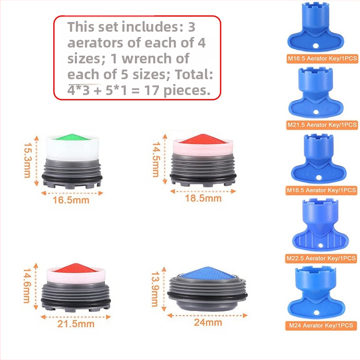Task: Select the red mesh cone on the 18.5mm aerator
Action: click(x=203, y=139)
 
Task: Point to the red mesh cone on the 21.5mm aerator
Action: click(x=75, y=268)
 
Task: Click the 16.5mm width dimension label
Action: click(x=71, y=200)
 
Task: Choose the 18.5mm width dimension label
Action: click(x=203, y=198)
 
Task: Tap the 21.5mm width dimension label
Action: click(x=76, y=324)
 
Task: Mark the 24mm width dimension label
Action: click(x=208, y=323)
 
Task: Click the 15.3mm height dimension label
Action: click(x=27, y=160)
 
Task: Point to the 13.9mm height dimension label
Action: click(x=155, y=289)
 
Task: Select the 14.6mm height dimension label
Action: click(x=27, y=286)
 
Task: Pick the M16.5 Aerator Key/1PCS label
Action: click(x=323, y=59)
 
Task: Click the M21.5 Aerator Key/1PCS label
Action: click(x=322, y=125)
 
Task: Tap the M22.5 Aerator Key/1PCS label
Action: click(x=321, y=259)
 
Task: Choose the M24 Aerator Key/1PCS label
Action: click(x=321, y=325)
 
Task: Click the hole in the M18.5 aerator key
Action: click(x=319, y=178)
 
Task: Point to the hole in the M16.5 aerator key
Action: click(x=316, y=46)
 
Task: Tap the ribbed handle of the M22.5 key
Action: click(x=321, y=240)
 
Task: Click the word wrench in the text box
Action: click(x=155, y=59)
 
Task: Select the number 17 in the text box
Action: click(x=152, y=90)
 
